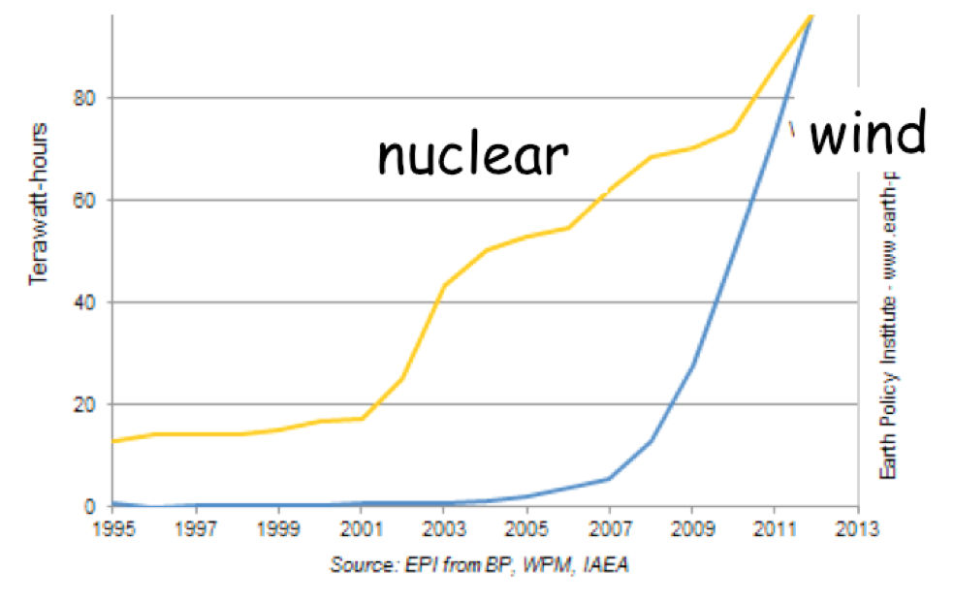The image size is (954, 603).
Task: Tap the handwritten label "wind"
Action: (x=867, y=135)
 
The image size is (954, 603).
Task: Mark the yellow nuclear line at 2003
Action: (x=444, y=285)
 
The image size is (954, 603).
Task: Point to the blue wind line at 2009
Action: (x=692, y=364)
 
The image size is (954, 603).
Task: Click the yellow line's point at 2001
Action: (x=361, y=418)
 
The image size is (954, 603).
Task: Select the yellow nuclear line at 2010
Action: (x=733, y=130)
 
